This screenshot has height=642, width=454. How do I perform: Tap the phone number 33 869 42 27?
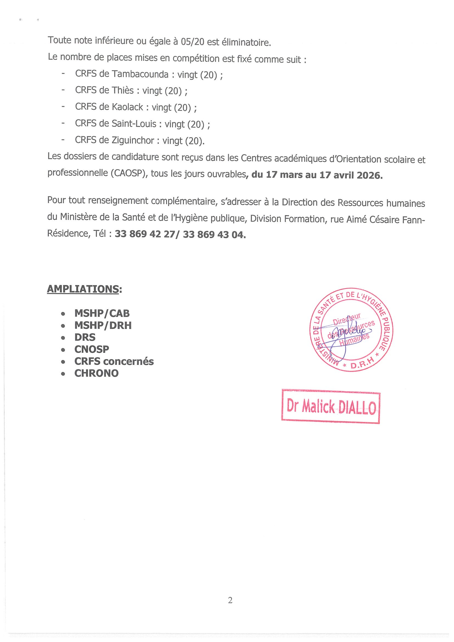[x=145, y=234]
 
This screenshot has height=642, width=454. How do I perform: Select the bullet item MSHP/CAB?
[x=102, y=313]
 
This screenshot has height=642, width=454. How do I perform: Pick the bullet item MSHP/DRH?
[x=103, y=325]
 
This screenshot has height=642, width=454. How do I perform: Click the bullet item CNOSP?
[x=92, y=349]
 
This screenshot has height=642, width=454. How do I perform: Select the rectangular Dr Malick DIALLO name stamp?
[x=331, y=407]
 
